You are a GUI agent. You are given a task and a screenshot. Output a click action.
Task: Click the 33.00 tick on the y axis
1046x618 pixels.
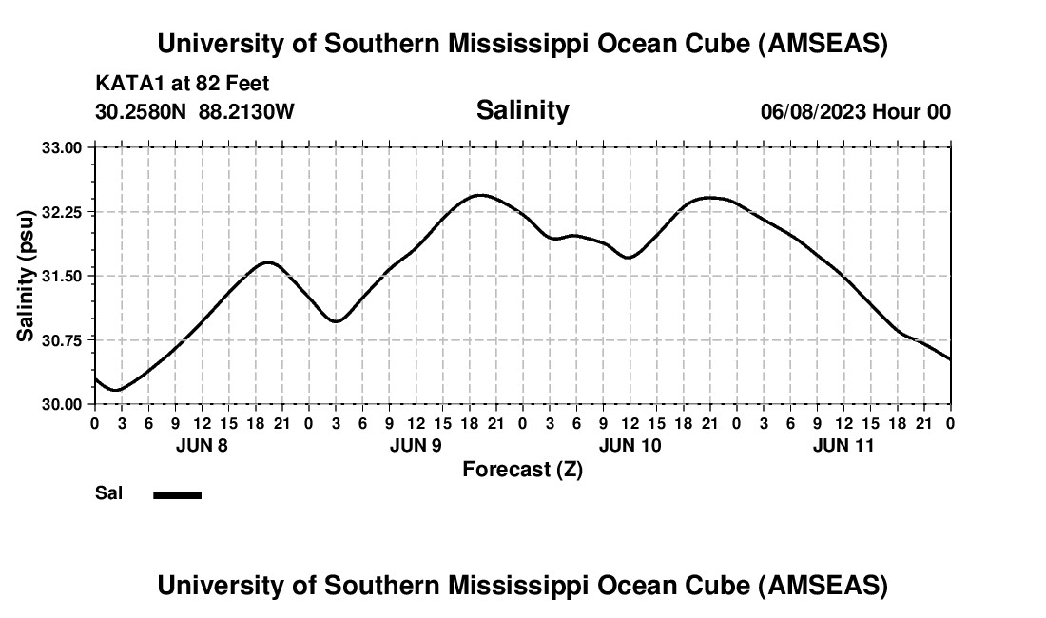point(62,147)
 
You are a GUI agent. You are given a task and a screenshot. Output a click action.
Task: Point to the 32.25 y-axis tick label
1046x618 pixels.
point(62,212)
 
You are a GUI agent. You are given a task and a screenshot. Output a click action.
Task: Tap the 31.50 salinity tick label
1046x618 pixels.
point(62,276)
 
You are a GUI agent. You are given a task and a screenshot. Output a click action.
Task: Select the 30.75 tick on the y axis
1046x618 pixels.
point(62,340)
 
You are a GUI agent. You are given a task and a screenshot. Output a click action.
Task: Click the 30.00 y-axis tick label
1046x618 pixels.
point(62,404)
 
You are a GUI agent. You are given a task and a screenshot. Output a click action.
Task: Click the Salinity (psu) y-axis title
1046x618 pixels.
point(27,276)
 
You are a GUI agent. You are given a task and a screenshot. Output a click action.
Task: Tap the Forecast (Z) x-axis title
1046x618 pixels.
point(522,469)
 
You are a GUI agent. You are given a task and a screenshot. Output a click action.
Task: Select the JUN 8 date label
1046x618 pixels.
point(202,445)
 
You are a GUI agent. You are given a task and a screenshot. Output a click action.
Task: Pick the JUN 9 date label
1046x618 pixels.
point(416,445)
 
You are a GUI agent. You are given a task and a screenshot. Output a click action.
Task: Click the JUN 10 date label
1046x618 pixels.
point(630,445)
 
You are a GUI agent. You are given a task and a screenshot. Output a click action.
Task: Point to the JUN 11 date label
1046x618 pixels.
point(843,445)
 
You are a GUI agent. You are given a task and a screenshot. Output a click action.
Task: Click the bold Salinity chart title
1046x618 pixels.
point(522,110)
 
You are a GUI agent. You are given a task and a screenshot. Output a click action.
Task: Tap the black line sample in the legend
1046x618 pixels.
point(178,494)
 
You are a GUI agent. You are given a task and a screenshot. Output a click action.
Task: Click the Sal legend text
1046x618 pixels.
point(108,493)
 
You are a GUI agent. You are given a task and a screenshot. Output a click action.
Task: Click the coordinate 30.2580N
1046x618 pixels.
point(142,111)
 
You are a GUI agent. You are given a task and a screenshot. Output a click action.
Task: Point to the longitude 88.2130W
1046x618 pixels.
point(246,111)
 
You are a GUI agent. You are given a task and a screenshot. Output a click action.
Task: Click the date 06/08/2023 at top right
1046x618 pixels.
point(813,111)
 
